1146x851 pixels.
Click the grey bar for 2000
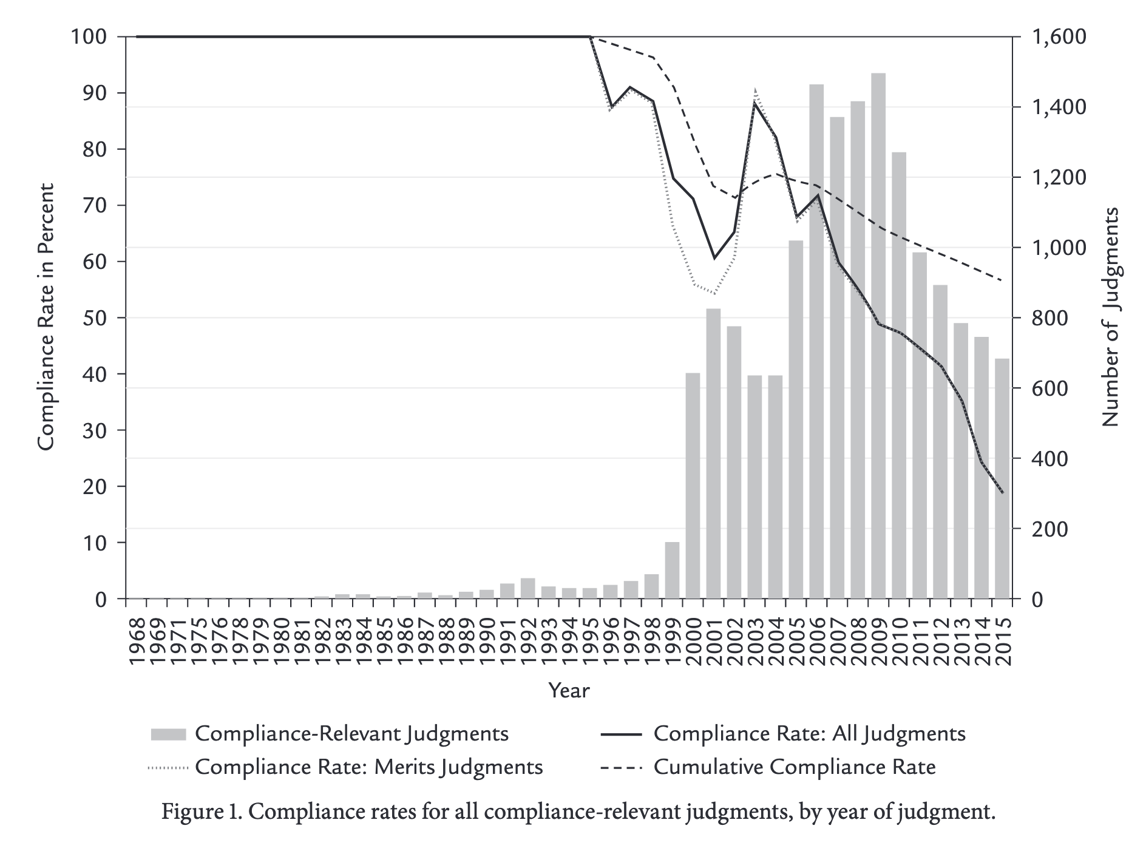tap(693, 486)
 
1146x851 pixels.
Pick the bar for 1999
tap(672, 570)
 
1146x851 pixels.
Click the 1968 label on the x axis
tap(137, 643)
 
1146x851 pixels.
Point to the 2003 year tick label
tap(754, 643)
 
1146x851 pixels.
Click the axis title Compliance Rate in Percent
tap(46, 317)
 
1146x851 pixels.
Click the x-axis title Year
tap(569, 690)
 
